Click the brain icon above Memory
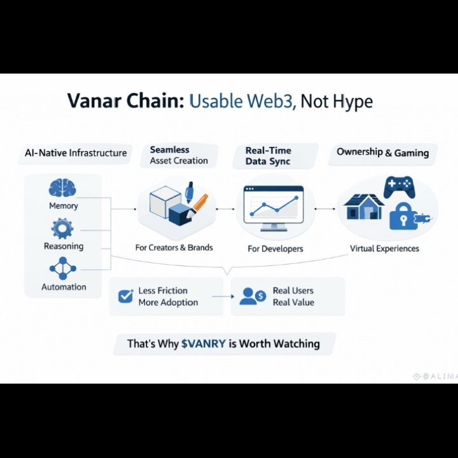coord(62,188)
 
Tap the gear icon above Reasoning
coord(62,228)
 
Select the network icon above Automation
coord(62,268)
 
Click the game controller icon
coord(399,187)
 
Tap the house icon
coord(364,207)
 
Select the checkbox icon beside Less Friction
coord(125,296)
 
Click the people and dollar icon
coord(252,296)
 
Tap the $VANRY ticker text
coord(204,344)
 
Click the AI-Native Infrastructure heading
coord(76,153)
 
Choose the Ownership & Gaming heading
coord(382,152)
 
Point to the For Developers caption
coord(275,249)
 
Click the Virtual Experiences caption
coord(384,248)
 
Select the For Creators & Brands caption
coord(174,247)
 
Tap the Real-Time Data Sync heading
coord(268,156)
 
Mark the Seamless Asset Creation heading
coord(179,155)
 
